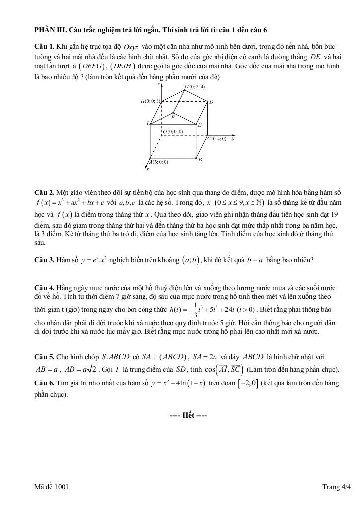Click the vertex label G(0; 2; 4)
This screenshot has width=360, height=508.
tap(195, 87)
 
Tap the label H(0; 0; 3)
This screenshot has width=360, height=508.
tap(150, 101)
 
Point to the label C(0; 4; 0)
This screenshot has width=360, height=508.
tap(216, 139)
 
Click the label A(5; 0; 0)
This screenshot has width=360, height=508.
tap(159, 162)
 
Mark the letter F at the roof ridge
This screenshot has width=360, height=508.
tap(173, 118)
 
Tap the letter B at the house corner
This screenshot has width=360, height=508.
tap(200, 160)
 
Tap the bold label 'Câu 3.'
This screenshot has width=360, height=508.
tap(44, 260)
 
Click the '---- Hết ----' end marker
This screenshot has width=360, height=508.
tap(188, 415)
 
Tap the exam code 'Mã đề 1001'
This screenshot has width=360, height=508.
tap(52, 487)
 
